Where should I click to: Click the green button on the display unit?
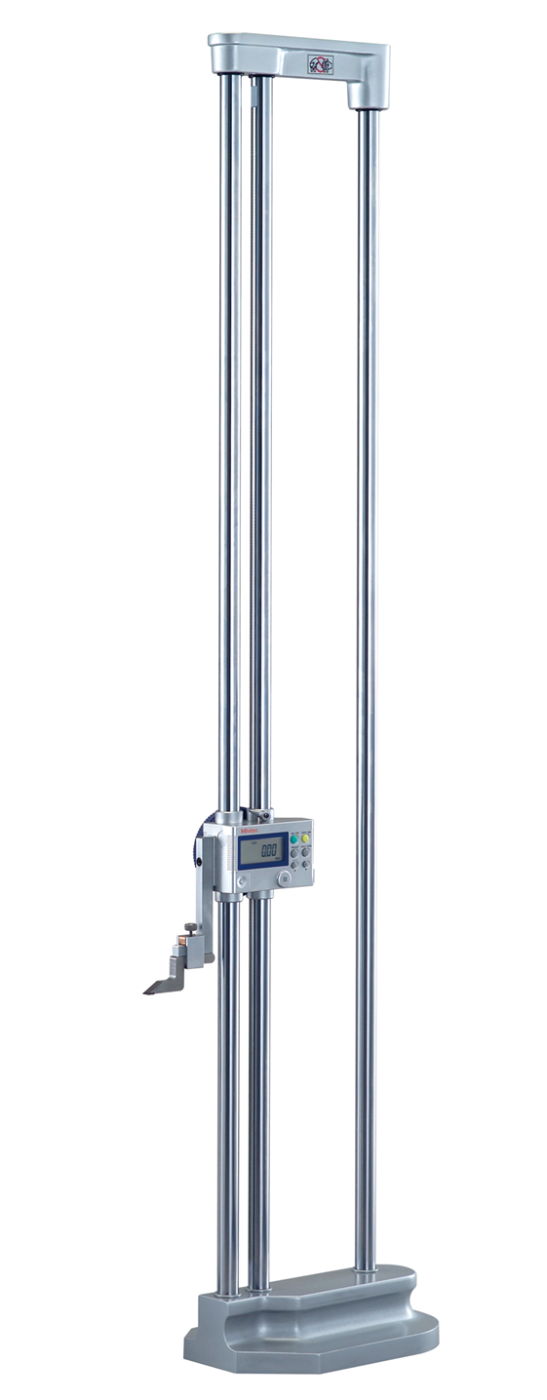coord(293,838)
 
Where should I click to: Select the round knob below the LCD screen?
coord(284,878)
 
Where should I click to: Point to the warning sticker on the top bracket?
coord(320,65)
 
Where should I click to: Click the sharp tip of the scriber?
coord(146,992)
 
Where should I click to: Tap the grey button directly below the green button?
coord(293,851)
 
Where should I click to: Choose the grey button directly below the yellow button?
coord(305,851)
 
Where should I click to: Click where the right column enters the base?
coord(366,1266)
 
